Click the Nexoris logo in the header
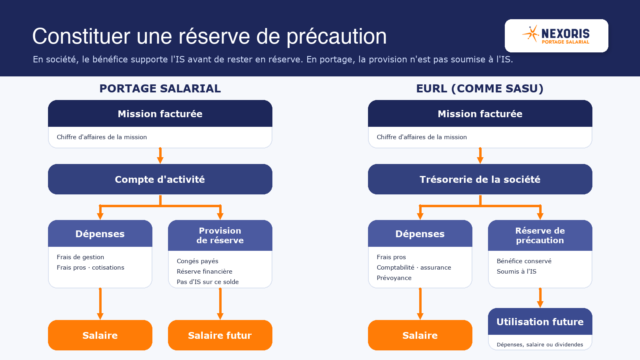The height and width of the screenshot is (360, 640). tap(556, 35)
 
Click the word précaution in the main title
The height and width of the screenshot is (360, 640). tap(336, 36)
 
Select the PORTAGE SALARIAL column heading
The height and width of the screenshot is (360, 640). tap(160, 88)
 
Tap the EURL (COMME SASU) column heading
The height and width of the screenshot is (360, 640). tap(480, 88)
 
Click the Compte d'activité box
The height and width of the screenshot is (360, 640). tap(160, 179)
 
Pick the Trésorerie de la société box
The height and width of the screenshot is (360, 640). tap(480, 179)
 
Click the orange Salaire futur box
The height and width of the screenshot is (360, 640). tap(220, 335)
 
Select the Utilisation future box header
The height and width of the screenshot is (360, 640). tap(540, 322)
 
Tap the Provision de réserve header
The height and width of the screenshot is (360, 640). tap(220, 236)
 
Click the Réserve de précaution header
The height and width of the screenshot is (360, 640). tap(540, 236)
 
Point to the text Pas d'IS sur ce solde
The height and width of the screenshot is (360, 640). tap(208, 282)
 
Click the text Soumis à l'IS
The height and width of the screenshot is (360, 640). tap(516, 272)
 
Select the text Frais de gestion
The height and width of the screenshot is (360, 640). tap(80, 257)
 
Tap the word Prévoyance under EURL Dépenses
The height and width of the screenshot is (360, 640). tap(394, 278)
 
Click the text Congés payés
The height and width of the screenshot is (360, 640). tap(198, 261)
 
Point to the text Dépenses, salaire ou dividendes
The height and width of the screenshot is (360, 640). tap(540, 344)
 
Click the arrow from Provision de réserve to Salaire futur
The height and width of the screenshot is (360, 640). tap(220, 304)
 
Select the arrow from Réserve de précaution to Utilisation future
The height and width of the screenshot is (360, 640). tap(540, 298)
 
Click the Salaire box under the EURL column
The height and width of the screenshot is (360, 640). tap(420, 335)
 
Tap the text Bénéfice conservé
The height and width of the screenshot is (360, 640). tap(524, 261)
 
